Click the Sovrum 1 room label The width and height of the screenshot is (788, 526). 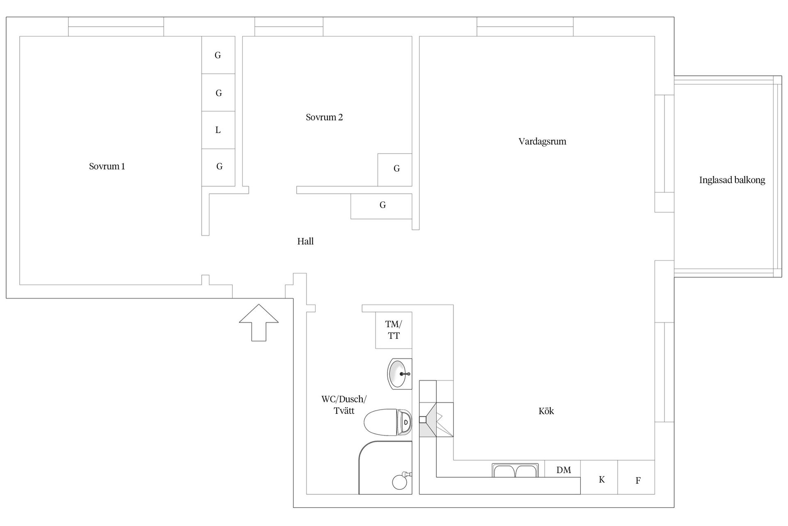point(107,166)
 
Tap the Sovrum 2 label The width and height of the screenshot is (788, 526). point(324,118)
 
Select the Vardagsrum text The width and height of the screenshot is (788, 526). point(542,142)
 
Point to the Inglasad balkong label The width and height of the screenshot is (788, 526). point(732,180)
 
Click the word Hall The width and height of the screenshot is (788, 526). point(305,242)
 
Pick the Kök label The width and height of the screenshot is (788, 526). point(546,411)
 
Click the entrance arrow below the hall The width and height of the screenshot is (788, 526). point(259,322)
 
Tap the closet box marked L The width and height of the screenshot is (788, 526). point(218,130)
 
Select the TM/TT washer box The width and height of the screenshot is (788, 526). point(394,330)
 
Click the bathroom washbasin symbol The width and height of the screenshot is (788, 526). point(400,374)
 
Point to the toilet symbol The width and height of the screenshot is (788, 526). point(388,422)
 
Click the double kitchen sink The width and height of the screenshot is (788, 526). point(515,470)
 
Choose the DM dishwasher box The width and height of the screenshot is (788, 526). point(563,470)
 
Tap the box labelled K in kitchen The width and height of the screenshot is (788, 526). point(601,480)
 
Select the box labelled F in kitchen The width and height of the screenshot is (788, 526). point(637,480)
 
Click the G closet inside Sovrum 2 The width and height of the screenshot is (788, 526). point(396,169)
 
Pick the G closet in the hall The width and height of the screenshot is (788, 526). point(382,205)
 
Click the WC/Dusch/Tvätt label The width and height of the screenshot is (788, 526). point(344,405)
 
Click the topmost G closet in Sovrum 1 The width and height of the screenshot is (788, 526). point(218,55)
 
